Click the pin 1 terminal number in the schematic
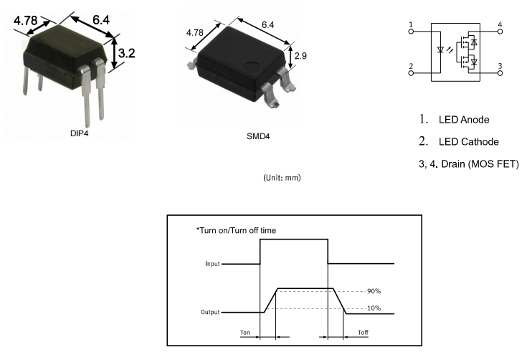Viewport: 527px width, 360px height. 411,25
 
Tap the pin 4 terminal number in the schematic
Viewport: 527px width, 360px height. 499,25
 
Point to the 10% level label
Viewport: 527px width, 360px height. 373,308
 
